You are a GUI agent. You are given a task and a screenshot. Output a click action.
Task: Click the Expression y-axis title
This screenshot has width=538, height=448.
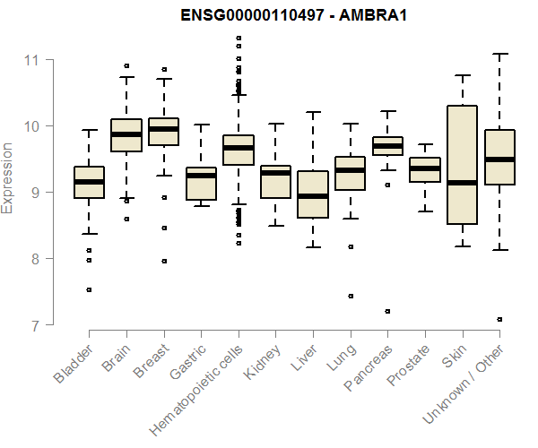[8, 177]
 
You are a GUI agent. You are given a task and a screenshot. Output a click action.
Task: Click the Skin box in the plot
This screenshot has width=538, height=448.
[462, 165]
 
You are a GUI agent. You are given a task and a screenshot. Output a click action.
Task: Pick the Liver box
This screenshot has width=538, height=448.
[313, 194]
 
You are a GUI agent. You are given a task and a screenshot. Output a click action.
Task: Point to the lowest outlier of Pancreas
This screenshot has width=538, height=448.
[387, 312]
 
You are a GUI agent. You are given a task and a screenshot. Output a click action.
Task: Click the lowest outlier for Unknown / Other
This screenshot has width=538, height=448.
[499, 319]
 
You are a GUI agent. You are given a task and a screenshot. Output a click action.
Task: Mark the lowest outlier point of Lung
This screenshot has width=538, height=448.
[350, 296]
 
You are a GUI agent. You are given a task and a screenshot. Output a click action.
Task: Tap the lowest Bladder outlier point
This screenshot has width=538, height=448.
[89, 290]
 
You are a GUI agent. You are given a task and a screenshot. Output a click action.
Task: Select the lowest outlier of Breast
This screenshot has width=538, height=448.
[163, 262]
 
